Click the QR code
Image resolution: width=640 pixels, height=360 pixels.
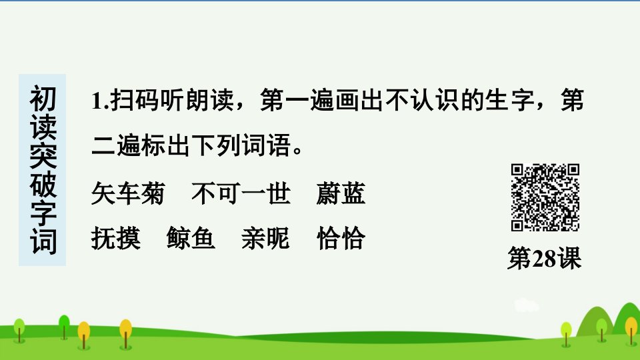pos(545,197)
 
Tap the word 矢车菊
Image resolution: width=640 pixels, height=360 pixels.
pos(128,193)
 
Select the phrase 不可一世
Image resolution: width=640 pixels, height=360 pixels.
pos(241,193)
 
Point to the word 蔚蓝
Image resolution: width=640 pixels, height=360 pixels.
pos(341,193)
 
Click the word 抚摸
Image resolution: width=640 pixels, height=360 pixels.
pos(116,238)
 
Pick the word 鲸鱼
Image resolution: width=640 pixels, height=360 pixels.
pos(191,238)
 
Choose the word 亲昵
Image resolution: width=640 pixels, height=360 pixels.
pos(266,238)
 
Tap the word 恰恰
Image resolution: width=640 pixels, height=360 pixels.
pos(341,238)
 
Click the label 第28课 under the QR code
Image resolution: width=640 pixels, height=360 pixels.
pos(545,258)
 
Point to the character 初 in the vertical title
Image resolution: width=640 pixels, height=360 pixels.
pos(43,99)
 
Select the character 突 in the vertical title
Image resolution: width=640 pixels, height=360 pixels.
pos(43,156)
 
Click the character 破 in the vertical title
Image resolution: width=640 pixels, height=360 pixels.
pos(43,185)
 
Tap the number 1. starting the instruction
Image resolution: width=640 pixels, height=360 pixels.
pos(100,101)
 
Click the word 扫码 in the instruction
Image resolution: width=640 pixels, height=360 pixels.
pos(135,100)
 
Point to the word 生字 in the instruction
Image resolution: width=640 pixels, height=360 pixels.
pos(510,100)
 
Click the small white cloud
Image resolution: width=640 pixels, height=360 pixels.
pos(526,305)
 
